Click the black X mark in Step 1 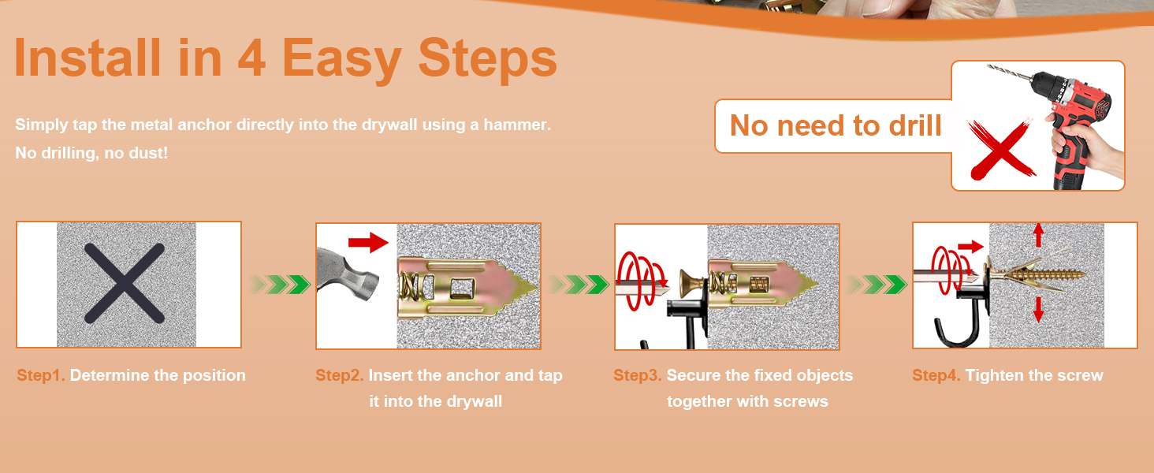click(125, 283)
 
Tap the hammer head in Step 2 click(348, 277)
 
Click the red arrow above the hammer click(368, 242)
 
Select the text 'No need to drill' click(836, 125)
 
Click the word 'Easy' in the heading click(341, 59)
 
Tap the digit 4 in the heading click(252, 58)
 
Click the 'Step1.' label click(41, 375)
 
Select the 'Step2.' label click(340, 375)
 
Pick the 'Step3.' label click(637, 375)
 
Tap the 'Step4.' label click(936, 375)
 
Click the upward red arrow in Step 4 click(1039, 236)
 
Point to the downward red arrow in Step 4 click(1039, 310)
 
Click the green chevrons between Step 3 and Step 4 click(877, 285)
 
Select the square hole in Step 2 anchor click(460, 288)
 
